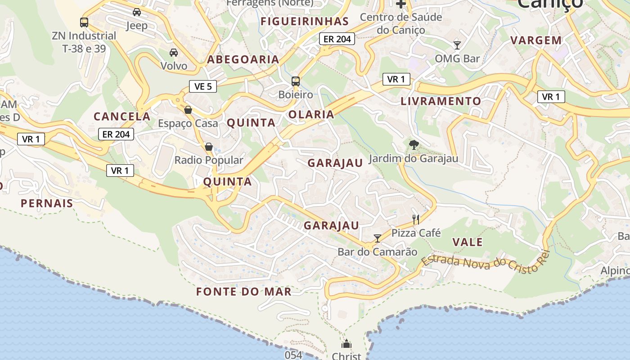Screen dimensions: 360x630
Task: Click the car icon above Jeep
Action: tap(137, 12)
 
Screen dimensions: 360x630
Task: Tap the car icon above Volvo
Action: tap(174, 53)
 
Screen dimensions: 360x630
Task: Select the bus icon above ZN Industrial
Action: tap(84, 22)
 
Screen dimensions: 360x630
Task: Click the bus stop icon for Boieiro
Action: tap(296, 81)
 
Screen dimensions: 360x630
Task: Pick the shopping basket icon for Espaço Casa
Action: tap(188, 110)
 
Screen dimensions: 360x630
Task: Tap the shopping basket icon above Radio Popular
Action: tap(209, 147)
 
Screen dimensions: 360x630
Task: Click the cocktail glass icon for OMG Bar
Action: tap(457, 45)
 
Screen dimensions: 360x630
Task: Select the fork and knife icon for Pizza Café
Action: tap(416, 220)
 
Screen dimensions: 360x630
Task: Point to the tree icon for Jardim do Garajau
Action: tap(414, 145)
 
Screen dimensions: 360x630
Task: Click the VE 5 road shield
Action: tap(203, 86)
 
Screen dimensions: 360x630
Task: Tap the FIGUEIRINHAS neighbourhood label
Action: tap(305, 21)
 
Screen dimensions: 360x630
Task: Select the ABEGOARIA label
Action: tap(243, 59)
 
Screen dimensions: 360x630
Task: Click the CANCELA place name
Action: tap(122, 117)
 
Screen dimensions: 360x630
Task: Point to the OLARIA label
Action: tap(311, 114)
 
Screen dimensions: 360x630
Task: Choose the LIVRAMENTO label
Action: tap(441, 101)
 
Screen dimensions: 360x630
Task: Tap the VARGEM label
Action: tap(536, 40)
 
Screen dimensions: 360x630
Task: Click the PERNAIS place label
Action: tap(47, 203)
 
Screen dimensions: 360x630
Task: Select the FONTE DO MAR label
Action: tap(244, 292)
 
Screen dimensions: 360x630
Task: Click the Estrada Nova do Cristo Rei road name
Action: tap(486, 263)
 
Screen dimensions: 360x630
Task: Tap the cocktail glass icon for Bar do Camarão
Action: tap(378, 238)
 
